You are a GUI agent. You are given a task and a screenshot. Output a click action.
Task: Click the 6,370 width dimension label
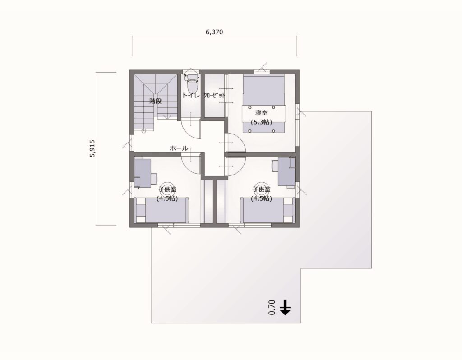[x=214, y=32]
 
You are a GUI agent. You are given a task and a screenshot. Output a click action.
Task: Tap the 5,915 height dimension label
[x=92, y=148]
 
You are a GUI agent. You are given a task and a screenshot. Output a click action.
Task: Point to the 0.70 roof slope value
[x=271, y=307]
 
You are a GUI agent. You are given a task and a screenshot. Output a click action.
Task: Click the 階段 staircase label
[x=156, y=101]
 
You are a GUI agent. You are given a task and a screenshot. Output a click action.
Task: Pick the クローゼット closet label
[x=214, y=96]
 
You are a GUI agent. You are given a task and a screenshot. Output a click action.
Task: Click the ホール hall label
[x=179, y=148]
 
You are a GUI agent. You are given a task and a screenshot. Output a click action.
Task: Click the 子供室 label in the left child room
[x=166, y=189]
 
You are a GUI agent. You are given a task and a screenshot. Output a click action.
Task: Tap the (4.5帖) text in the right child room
[x=262, y=198]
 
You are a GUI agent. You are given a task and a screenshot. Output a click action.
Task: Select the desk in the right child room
[x=286, y=171]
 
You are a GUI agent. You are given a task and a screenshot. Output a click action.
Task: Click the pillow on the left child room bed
[x=141, y=211]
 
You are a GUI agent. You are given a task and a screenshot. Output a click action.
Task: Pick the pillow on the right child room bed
[x=288, y=211]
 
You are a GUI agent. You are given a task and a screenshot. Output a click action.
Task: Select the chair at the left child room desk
[x=154, y=177]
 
